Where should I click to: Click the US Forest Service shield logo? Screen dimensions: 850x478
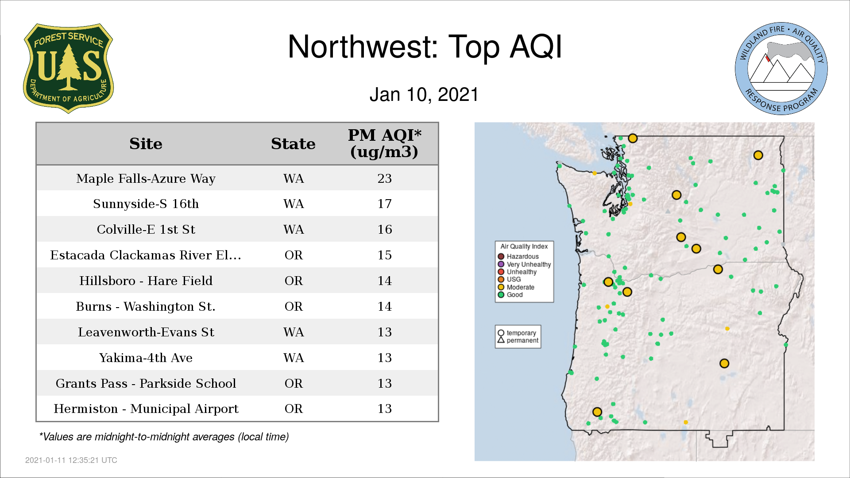pos(68,69)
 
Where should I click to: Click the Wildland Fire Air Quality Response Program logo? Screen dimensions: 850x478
pos(781,69)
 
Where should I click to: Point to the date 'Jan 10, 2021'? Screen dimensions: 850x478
pos(424,95)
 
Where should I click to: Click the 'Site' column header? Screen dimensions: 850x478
pos(146,144)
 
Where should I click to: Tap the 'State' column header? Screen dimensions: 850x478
pos(293,144)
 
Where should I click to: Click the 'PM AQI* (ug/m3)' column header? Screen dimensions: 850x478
pos(384,143)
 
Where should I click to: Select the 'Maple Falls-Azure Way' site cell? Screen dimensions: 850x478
pos(146,178)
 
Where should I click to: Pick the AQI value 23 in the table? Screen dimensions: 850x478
pos(384,178)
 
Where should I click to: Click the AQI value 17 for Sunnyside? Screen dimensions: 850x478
pos(384,204)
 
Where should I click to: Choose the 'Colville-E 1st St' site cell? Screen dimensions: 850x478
pos(146,229)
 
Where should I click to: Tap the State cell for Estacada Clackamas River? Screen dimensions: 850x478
pos(294,255)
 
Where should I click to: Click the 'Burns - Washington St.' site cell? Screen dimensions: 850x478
pos(146,306)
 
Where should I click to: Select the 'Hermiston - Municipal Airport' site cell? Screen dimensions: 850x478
pos(146,409)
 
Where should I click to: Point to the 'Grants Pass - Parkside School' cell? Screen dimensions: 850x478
pos(146,383)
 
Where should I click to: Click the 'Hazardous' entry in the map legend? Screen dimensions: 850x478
pos(518,256)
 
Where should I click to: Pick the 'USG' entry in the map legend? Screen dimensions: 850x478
pos(510,279)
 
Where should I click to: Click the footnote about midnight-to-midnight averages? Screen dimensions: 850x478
pos(164,437)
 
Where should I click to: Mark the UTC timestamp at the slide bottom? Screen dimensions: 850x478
pos(71,460)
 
